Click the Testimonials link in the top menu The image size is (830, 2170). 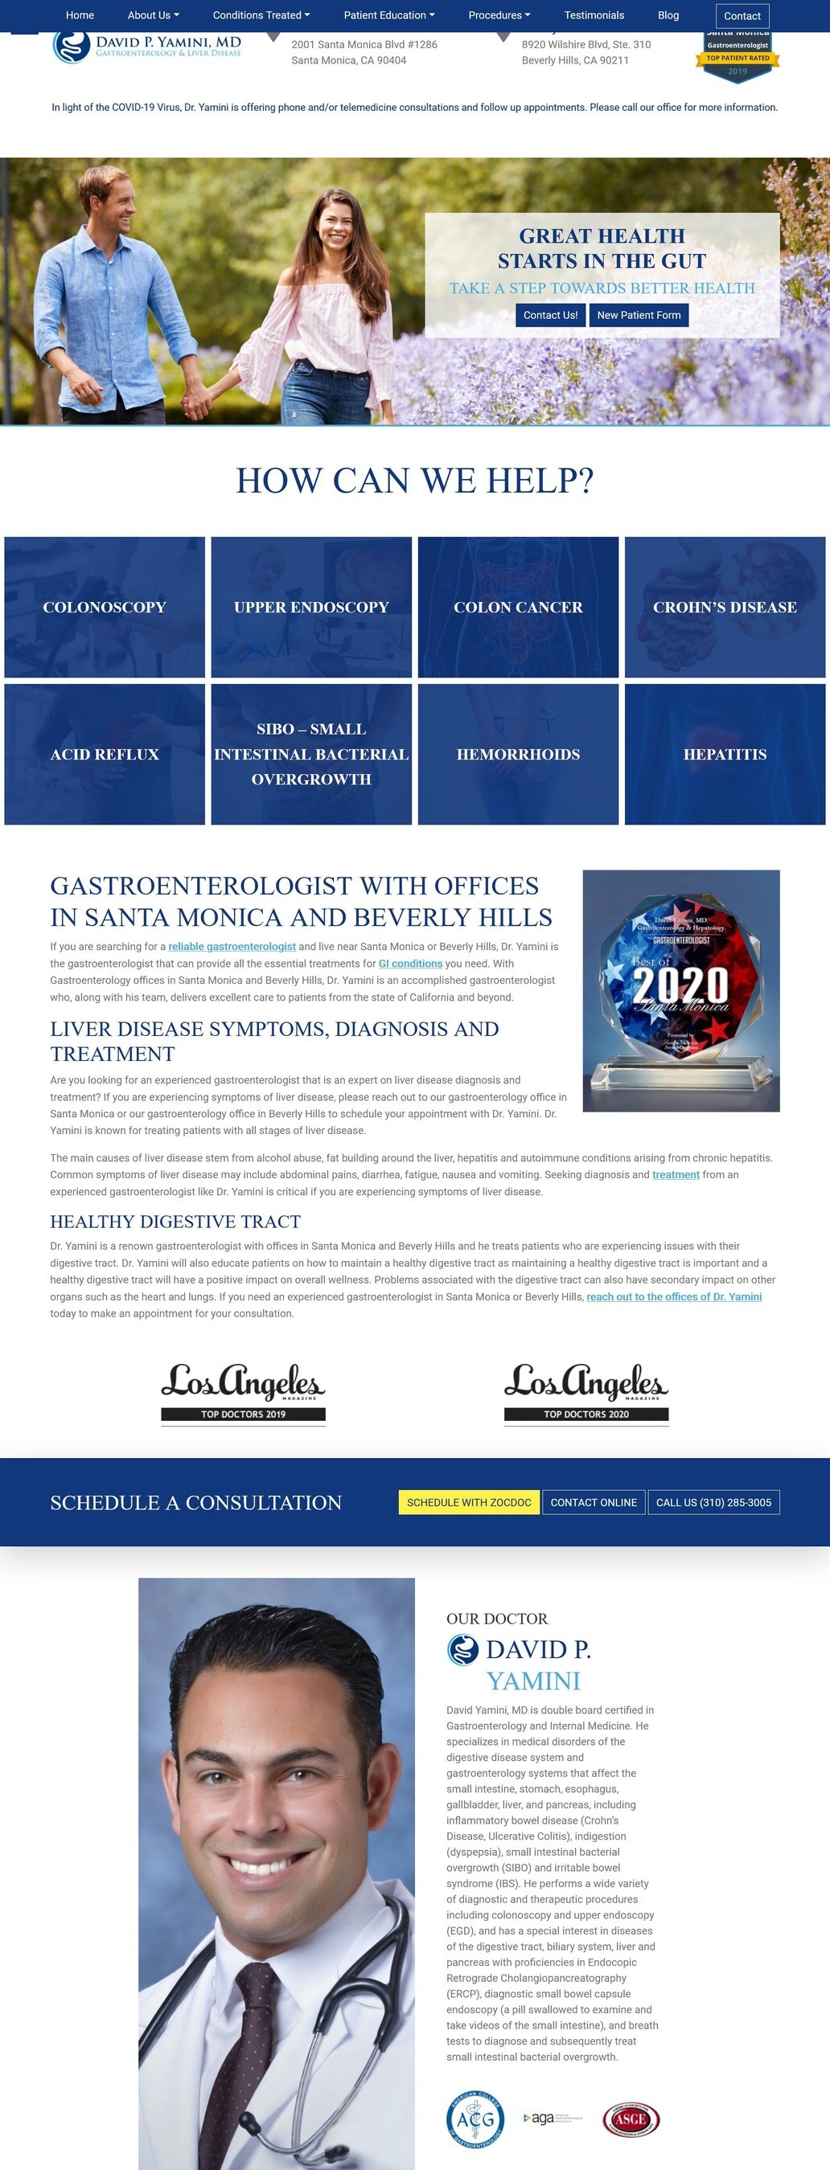594,15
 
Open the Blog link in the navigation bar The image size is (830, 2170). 668,15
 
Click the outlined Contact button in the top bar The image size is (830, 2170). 742,16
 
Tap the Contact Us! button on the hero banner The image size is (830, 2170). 550,315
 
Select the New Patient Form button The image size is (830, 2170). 639,315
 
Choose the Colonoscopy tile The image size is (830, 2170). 105,607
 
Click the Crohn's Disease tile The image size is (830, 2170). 725,607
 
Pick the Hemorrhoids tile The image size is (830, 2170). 518,754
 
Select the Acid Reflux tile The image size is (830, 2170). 105,754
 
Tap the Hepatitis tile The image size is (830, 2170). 725,754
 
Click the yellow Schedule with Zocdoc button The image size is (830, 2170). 469,1502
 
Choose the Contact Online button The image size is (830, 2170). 594,1502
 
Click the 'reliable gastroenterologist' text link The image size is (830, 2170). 232,946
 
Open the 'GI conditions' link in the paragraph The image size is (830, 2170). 410,963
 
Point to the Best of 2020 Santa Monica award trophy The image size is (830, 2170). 681,990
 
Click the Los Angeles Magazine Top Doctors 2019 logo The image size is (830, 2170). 243,1394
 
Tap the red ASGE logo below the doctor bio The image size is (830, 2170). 631,2119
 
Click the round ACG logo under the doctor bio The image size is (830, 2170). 475,2119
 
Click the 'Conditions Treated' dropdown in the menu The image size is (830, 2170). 261,15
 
